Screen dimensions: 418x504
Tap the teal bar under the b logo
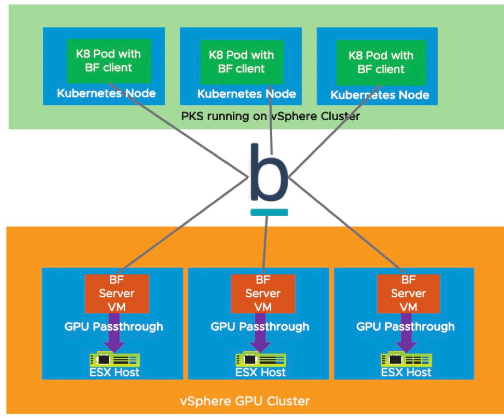coord(268,212)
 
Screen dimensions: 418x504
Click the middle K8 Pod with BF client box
coord(241,62)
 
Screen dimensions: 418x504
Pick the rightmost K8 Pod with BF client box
coord(380,62)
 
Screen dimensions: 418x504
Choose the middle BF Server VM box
coord(263,293)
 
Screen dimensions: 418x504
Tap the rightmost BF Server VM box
coord(409,293)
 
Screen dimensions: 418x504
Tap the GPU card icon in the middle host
coord(261,359)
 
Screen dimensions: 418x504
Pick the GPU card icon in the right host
coord(406,359)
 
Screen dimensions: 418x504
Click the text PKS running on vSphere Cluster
coord(270,116)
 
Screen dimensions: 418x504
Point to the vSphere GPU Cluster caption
coord(244,401)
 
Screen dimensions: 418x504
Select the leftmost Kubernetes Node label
coord(106,93)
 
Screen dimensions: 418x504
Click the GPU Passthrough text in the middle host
coord(260,326)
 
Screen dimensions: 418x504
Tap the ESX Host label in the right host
coord(406,372)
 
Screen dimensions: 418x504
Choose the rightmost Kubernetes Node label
coord(380,95)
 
